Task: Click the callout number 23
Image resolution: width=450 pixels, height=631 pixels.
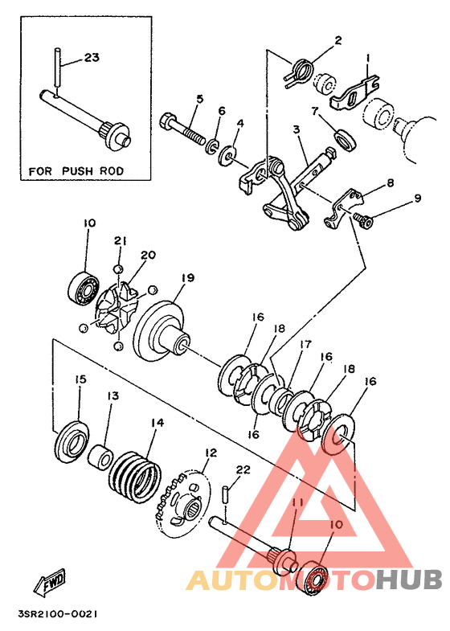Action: click(x=92, y=58)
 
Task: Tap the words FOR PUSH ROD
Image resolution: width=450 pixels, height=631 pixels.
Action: click(x=76, y=171)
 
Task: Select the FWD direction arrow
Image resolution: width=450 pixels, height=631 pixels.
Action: click(x=50, y=581)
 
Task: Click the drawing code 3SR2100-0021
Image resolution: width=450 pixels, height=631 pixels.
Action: click(x=58, y=614)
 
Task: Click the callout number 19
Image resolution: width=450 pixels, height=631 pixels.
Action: click(x=188, y=277)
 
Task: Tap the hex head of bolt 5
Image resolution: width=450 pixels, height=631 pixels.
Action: click(x=167, y=121)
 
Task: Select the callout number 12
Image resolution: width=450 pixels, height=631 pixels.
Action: click(x=211, y=453)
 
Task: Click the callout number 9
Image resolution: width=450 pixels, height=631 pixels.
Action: click(x=417, y=198)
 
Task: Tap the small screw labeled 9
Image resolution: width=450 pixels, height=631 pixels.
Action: click(x=363, y=219)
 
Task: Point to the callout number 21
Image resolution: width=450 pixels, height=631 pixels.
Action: click(x=120, y=241)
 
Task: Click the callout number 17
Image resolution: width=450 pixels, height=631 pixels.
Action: click(x=305, y=345)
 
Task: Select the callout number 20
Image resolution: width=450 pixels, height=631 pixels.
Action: click(x=148, y=255)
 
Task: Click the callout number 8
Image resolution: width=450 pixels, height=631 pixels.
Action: click(x=390, y=183)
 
